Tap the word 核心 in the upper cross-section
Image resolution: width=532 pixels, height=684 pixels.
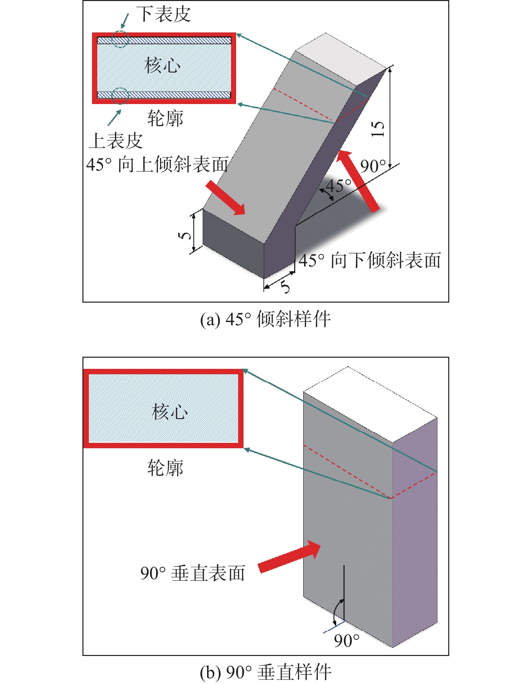[162, 65]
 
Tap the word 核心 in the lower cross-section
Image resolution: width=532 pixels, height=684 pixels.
[170, 411]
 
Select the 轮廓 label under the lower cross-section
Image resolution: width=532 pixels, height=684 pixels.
[165, 468]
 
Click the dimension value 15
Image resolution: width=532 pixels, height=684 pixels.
[378, 129]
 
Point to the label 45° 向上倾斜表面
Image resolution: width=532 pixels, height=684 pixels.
[157, 164]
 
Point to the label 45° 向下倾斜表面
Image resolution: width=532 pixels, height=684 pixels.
[370, 260]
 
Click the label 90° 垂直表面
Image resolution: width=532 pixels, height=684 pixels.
[193, 573]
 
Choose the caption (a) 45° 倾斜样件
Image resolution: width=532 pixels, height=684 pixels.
[265, 319]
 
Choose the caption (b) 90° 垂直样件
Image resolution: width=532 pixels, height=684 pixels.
[265, 672]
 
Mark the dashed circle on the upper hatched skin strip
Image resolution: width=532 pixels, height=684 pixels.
[120, 39]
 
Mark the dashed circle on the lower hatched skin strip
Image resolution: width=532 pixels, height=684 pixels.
[120, 96]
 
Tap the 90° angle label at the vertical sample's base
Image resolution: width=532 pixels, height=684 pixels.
[347, 640]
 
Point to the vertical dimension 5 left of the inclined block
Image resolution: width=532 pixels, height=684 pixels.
[185, 234]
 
